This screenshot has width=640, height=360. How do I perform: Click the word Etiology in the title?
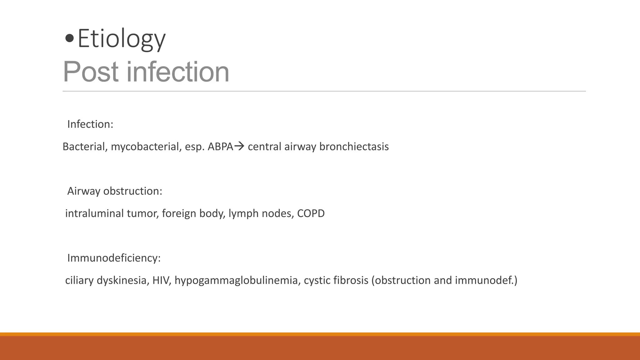click(121, 39)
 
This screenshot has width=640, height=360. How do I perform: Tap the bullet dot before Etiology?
click(69, 39)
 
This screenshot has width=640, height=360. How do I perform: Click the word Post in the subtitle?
click(91, 72)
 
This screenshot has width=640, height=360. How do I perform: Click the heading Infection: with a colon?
click(90, 124)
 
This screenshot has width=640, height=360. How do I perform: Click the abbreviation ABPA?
click(220, 147)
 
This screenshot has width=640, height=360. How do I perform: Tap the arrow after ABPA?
click(239, 146)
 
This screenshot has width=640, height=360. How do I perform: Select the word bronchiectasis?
click(354, 147)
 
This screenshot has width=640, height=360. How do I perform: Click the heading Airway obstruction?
click(115, 191)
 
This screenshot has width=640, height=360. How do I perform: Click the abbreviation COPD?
click(311, 213)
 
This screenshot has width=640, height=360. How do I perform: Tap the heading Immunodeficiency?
click(114, 258)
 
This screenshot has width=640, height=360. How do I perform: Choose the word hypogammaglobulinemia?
click(237, 280)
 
